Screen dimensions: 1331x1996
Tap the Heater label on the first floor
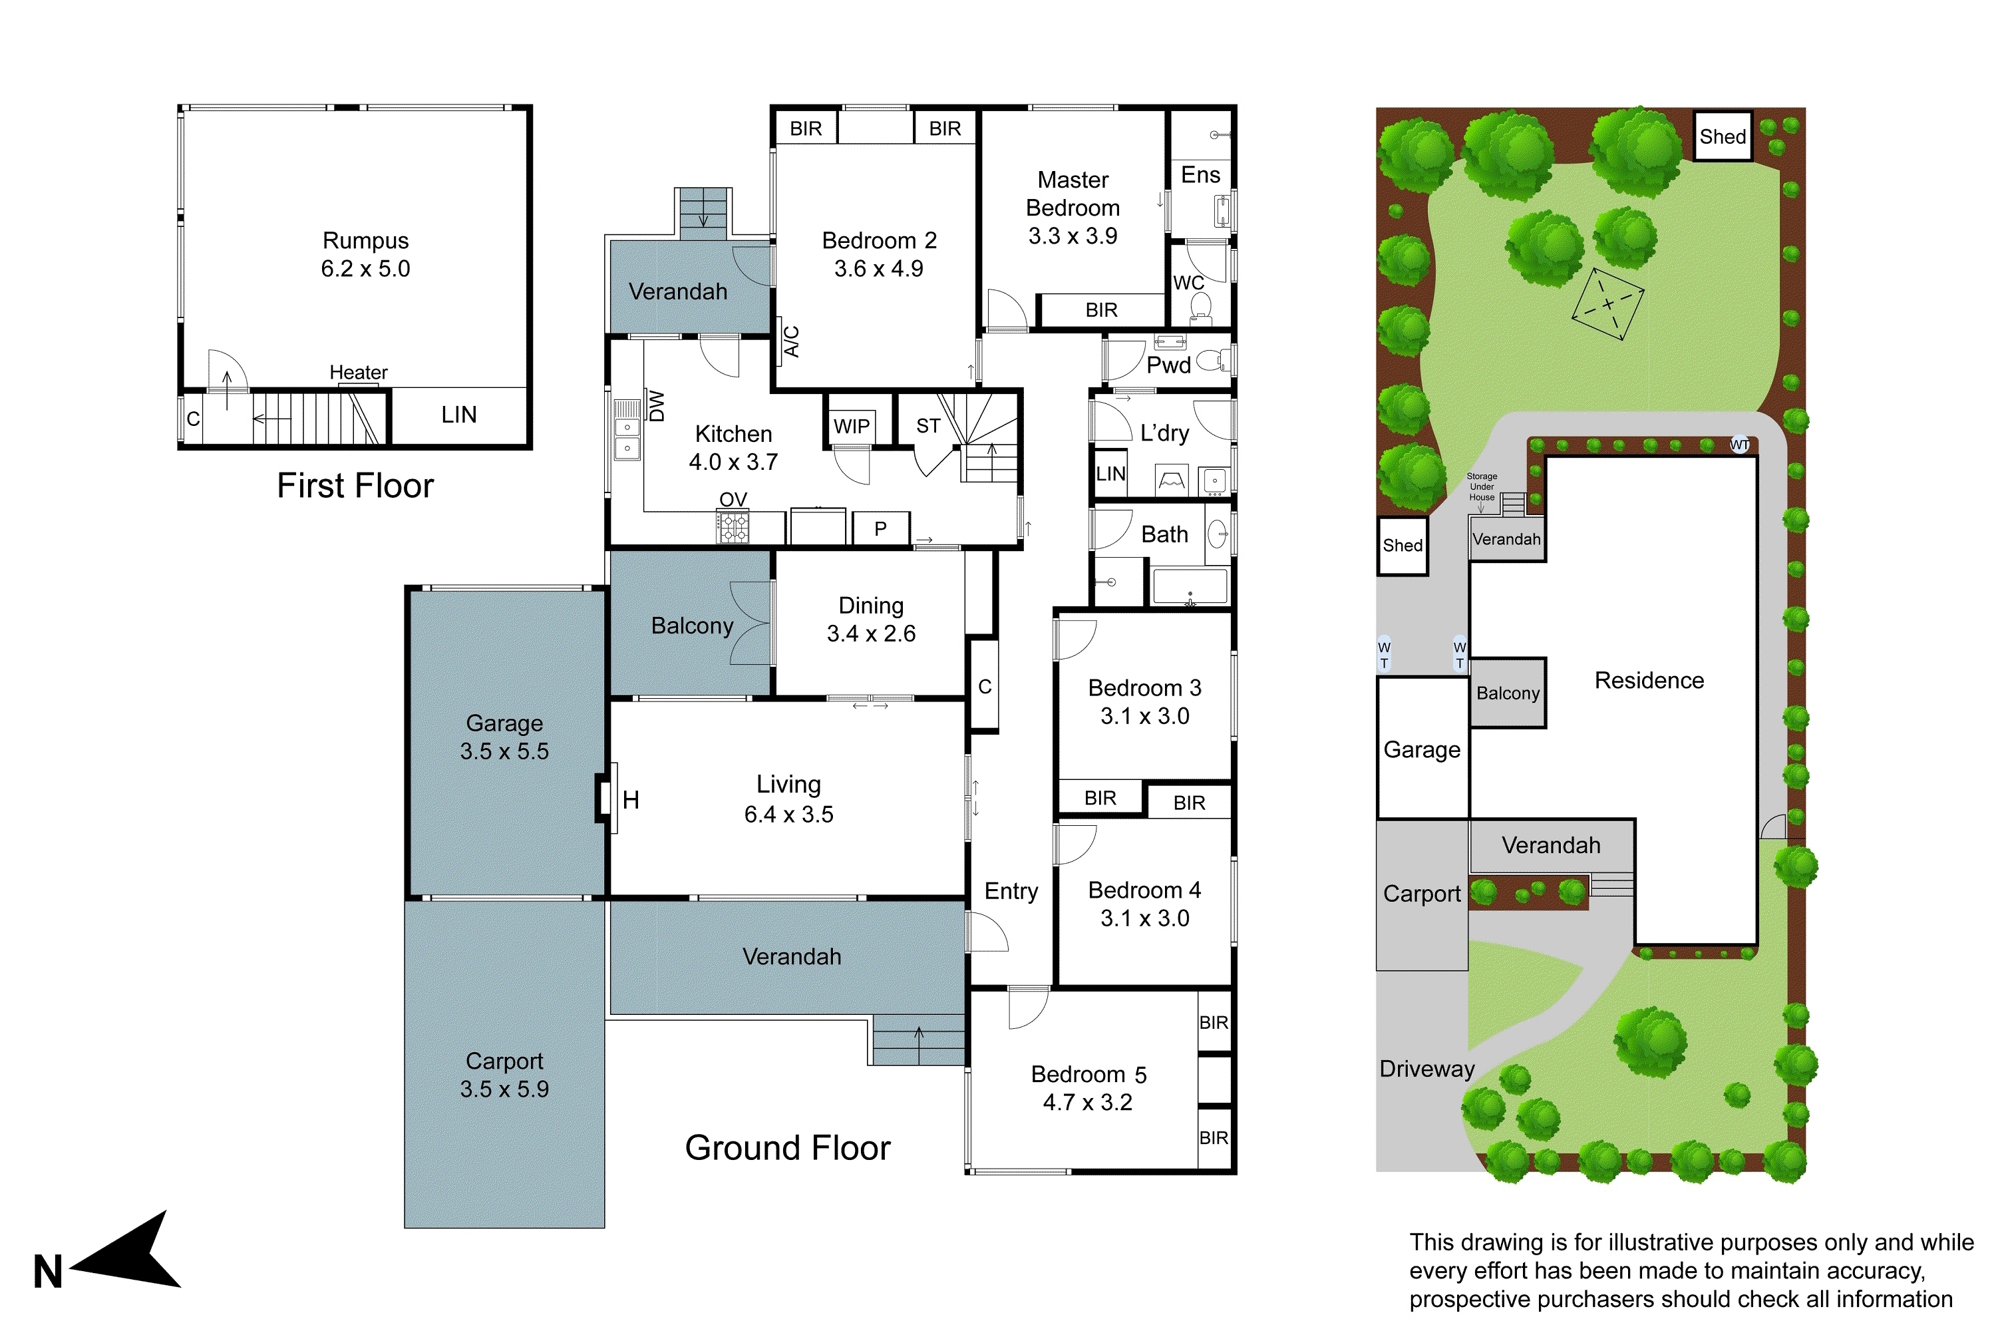tap(358, 373)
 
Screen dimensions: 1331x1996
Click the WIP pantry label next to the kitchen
tap(851, 426)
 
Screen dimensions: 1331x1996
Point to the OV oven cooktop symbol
tap(734, 526)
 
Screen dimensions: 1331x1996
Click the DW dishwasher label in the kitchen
tap(657, 406)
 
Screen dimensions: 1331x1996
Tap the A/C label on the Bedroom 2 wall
tap(791, 341)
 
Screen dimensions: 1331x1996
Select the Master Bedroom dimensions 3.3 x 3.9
tap(1073, 236)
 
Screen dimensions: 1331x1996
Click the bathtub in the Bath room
tap(1189, 586)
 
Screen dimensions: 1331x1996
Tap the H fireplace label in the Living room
tap(631, 800)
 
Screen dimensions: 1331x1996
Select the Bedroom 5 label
tap(1088, 1075)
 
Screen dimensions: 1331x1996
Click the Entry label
tap(1011, 891)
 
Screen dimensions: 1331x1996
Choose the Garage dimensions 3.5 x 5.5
tap(504, 751)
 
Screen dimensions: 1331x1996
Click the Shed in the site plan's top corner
tap(1722, 136)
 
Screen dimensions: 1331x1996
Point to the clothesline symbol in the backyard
tap(1607, 304)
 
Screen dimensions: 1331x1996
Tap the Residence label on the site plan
tap(1648, 681)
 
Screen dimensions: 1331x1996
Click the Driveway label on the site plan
tap(1426, 1069)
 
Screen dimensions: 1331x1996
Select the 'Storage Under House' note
tap(1482, 487)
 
